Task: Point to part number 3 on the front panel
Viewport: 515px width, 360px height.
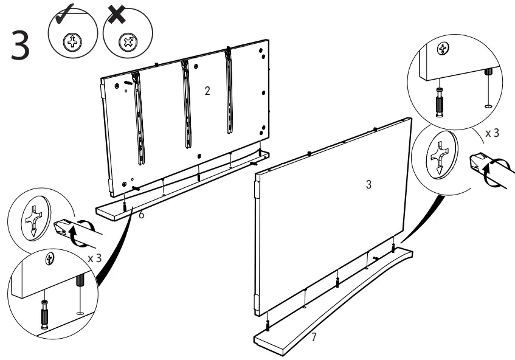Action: (x=368, y=184)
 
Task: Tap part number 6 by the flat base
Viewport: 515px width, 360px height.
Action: (x=141, y=216)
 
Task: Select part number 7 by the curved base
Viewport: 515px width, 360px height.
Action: (x=314, y=337)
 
